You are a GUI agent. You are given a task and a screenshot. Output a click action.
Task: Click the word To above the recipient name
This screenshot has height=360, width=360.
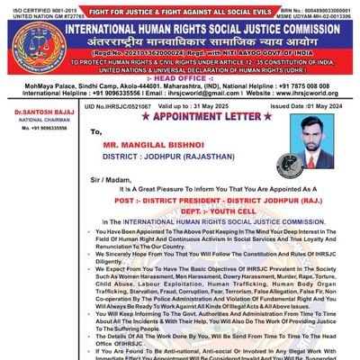tap(96, 131)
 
